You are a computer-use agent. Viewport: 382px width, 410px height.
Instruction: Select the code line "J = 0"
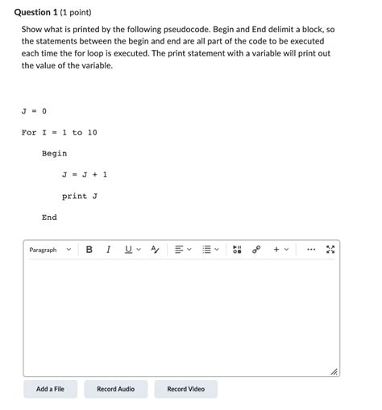[34, 111]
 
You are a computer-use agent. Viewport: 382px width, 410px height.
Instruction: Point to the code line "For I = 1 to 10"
[59, 132]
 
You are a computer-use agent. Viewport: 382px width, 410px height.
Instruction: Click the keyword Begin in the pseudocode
[54, 153]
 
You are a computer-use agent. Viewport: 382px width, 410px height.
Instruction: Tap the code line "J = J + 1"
[84, 174]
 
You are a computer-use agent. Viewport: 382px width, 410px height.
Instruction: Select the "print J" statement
[79, 196]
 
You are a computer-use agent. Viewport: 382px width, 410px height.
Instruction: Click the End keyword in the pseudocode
[49, 217]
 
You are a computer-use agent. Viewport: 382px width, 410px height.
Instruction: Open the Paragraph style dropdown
[50, 250]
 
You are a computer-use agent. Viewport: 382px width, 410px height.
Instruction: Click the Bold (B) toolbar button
[89, 250]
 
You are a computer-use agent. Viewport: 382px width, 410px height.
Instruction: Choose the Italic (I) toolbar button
[108, 250]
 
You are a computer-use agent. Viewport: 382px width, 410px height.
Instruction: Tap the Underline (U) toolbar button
[128, 250]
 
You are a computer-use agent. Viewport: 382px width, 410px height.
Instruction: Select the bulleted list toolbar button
[207, 250]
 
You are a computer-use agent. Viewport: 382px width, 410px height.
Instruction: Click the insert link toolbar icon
[256, 250]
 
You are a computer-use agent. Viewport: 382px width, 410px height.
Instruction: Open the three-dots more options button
[311, 250]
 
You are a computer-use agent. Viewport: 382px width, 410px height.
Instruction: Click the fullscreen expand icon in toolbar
[330, 250]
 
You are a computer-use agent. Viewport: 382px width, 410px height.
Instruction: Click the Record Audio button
[115, 389]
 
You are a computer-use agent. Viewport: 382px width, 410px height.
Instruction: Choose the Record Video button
[185, 389]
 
